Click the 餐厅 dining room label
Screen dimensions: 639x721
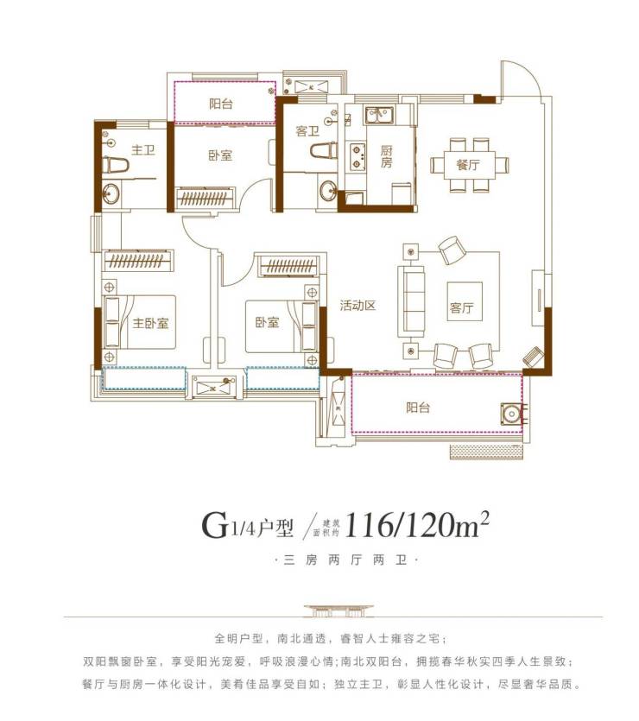pos(468,164)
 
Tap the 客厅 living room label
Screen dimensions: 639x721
pos(462,307)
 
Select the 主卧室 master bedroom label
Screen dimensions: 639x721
pos(150,323)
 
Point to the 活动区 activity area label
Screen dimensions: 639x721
pos(357,306)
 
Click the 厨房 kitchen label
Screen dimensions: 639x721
pos(386,157)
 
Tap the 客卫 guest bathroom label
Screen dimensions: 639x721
pos(307,131)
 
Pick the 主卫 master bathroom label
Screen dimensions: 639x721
pos(143,150)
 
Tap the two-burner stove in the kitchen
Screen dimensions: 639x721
pos(357,156)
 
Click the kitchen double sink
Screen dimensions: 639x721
pos(379,115)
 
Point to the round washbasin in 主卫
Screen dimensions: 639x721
pos(111,193)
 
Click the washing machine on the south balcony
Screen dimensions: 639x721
pos(510,414)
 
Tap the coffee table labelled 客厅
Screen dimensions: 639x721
pos(465,301)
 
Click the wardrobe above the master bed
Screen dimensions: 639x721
pos(138,261)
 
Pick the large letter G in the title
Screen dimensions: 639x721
pos(215,525)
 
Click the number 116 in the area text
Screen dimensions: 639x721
pos(368,525)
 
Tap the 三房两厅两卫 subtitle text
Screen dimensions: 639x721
pos(345,560)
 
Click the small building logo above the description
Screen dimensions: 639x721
pos(338,610)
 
